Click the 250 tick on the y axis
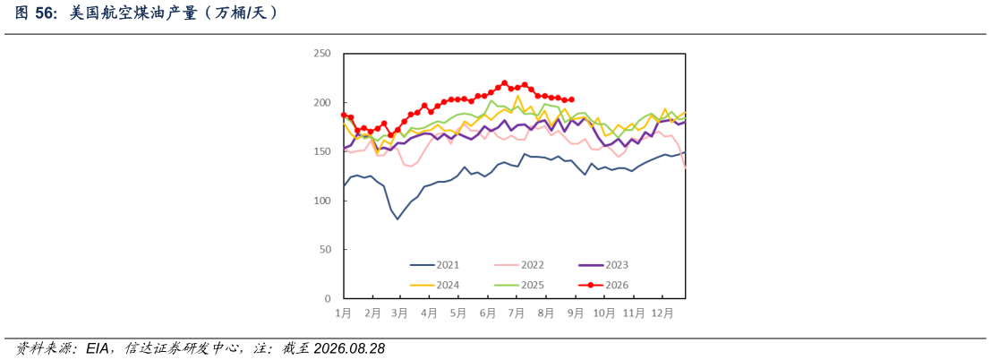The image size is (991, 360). point(322,53)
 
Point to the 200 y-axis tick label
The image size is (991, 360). point(322,102)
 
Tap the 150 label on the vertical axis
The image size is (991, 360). point(322,151)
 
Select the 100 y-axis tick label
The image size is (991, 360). point(322,201)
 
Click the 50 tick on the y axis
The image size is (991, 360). point(326,249)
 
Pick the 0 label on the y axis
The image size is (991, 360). point(328,298)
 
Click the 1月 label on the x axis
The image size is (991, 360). point(343,313)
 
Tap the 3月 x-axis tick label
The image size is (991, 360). point(400,313)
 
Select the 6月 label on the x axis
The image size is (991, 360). point(487,313)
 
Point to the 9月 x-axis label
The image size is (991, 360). point(575,313)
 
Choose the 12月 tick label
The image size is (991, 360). point(662,313)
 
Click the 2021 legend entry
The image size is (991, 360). point(434,266)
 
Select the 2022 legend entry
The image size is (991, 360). point(519,266)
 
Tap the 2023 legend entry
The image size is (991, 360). point(603,266)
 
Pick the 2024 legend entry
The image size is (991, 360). point(434,285)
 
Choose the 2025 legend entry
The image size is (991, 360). point(519,285)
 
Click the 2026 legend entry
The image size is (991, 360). point(603,285)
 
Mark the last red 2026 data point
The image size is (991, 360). point(571,99)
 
